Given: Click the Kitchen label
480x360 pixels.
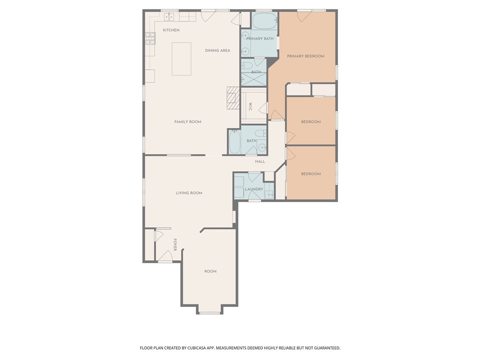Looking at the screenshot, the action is click(x=171, y=30).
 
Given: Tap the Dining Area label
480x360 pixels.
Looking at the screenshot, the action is click(x=217, y=51).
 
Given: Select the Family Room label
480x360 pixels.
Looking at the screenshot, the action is click(x=188, y=122).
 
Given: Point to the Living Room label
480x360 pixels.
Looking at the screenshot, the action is click(x=189, y=193).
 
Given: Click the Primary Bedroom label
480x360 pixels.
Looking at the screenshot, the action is click(x=306, y=56).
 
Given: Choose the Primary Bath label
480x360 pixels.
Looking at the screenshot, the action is click(x=260, y=38).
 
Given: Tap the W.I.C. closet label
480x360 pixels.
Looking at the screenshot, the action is click(x=250, y=106).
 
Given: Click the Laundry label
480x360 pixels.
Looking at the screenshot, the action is click(x=254, y=189).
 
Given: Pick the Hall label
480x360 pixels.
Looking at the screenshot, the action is click(x=260, y=161).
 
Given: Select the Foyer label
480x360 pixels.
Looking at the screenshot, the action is click(x=175, y=245).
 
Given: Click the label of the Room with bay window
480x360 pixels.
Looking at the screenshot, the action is click(x=210, y=271).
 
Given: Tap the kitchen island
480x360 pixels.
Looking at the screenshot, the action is click(x=181, y=59).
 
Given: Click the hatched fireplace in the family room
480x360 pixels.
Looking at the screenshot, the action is click(x=233, y=98).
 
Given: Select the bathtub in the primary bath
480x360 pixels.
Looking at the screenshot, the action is click(x=264, y=21).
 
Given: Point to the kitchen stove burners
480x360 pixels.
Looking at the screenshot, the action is click(x=150, y=38).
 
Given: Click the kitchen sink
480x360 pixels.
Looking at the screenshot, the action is click(x=169, y=16).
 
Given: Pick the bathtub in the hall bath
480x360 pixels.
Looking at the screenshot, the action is click(x=235, y=142).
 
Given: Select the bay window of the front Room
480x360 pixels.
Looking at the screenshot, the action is click(x=210, y=313).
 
